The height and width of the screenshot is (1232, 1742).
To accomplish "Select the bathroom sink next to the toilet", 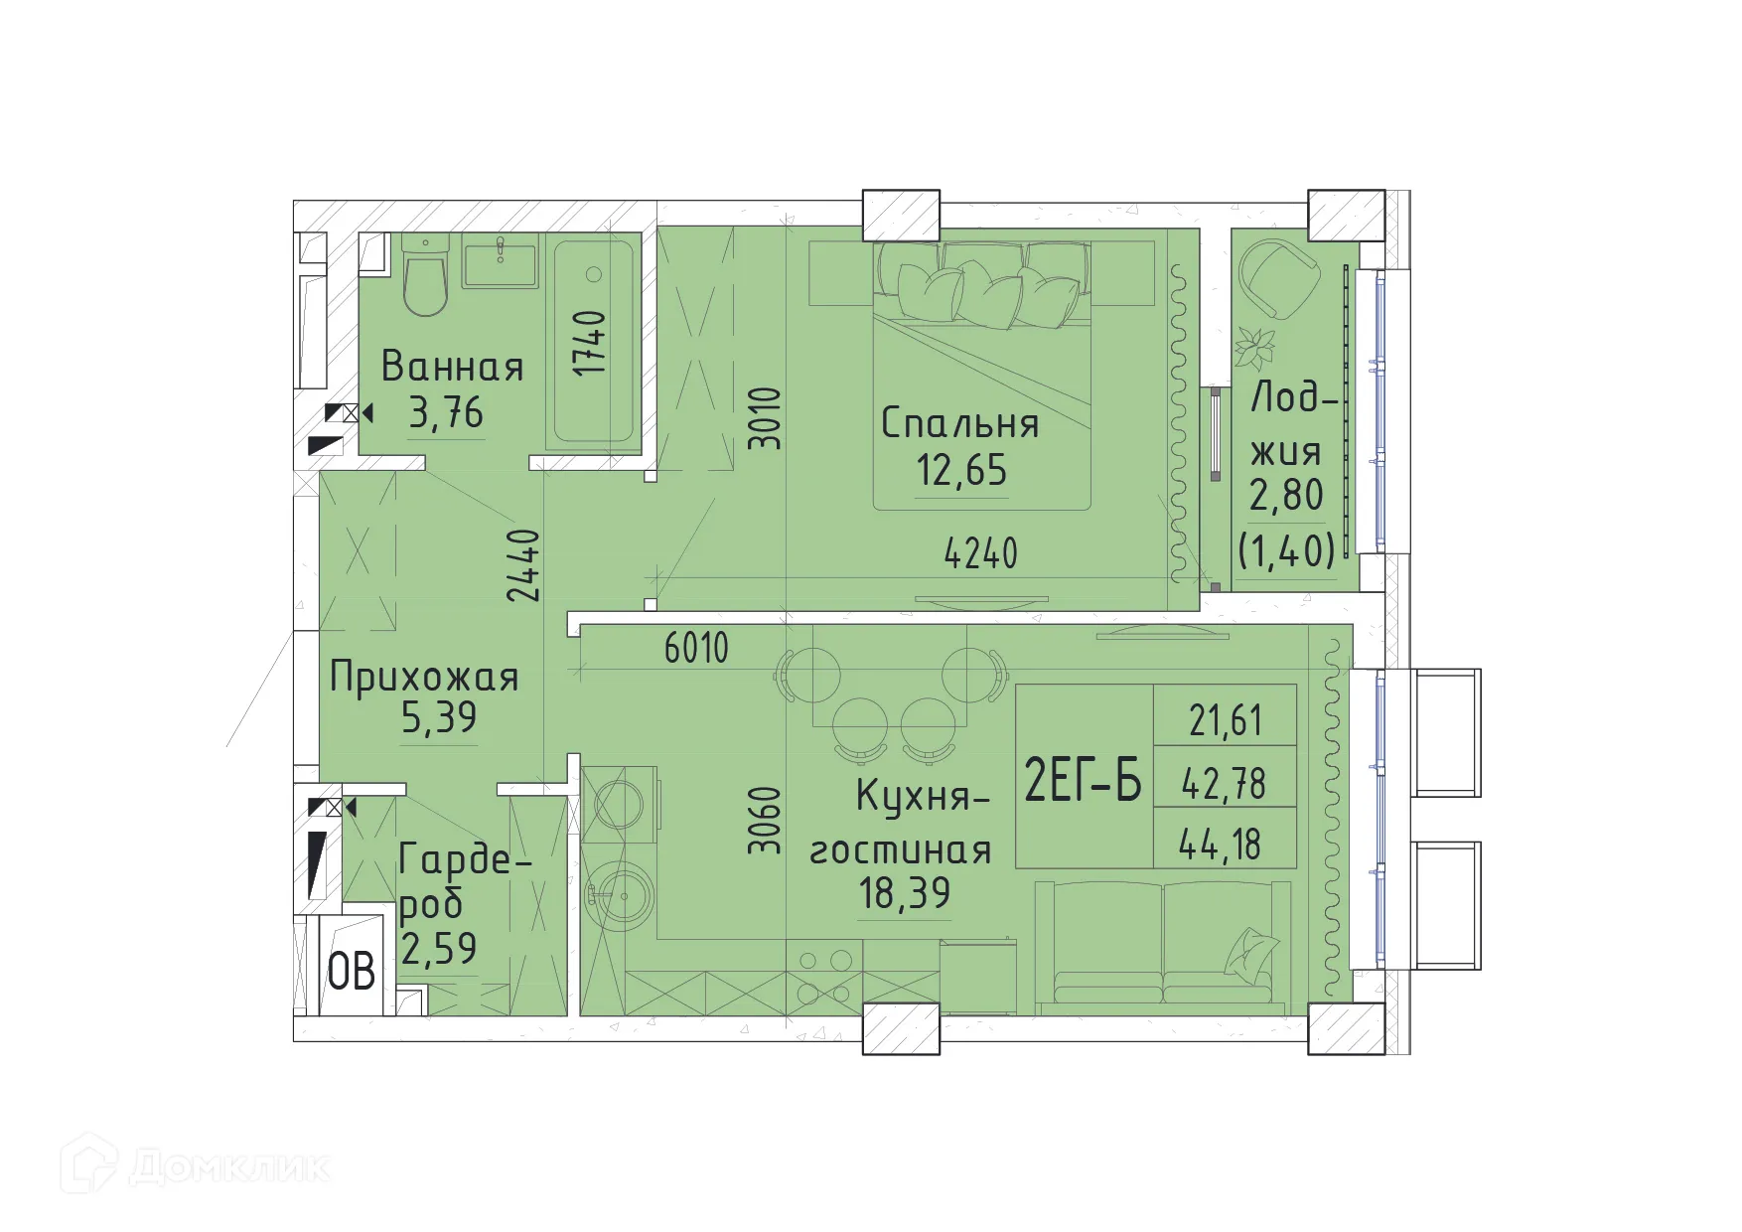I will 500,260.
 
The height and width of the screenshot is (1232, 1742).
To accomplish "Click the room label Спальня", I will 959,424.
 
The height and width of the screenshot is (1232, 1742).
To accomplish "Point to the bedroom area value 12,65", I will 961,469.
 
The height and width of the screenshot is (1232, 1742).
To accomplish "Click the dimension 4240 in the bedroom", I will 980,553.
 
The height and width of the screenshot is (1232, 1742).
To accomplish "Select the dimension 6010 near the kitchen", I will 696,649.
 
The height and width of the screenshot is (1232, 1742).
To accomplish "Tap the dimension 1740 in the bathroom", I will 591,343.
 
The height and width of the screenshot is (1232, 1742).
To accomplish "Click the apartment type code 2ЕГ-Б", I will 1083,780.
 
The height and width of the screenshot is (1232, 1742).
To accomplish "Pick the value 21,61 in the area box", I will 1226,720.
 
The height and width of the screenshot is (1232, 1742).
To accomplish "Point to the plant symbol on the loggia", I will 1254,348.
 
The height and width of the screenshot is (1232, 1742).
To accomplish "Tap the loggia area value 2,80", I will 1286,495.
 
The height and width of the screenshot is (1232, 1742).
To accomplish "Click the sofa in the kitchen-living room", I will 1162,944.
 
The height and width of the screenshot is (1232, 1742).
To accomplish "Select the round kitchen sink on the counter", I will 620,896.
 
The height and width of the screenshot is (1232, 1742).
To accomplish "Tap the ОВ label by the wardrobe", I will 352,972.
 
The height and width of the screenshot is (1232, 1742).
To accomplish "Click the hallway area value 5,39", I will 439,716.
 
